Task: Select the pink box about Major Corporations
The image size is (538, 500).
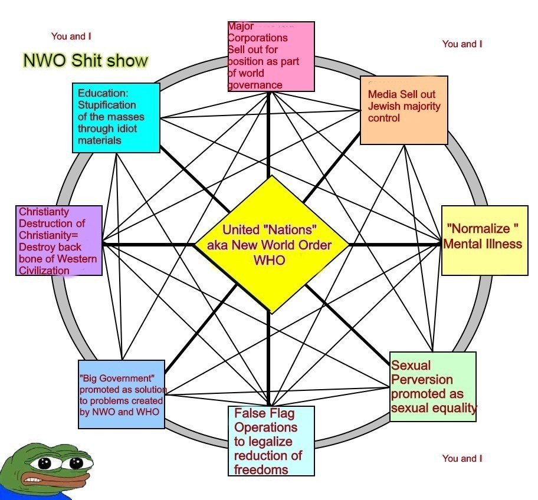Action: click(x=271, y=55)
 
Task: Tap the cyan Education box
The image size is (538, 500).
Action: click(x=117, y=117)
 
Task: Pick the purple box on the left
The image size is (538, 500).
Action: click(x=59, y=241)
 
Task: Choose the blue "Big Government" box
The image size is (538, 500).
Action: click(x=122, y=393)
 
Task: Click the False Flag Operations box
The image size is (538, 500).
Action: click(x=271, y=440)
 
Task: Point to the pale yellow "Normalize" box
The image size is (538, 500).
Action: click(x=484, y=240)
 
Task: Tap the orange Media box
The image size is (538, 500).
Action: click(x=403, y=110)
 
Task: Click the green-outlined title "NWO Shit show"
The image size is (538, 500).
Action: click(x=86, y=60)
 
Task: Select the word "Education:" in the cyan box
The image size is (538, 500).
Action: click(x=103, y=93)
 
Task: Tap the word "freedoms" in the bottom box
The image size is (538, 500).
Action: click(x=261, y=469)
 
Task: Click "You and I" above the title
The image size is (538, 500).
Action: click(x=71, y=37)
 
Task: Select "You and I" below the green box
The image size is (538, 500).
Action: click(x=462, y=458)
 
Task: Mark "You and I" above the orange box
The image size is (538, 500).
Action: click(x=462, y=44)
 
